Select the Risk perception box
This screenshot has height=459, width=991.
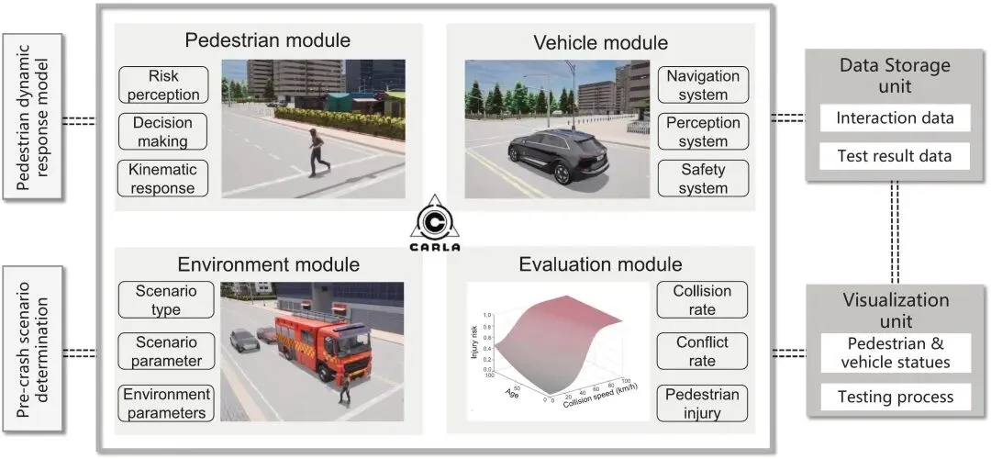click(161, 84)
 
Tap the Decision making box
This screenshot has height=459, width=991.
click(161, 131)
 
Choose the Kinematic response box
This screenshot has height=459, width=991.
click(161, 178)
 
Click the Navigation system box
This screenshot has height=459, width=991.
click(704, 84)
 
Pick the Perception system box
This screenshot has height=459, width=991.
click(704, 131)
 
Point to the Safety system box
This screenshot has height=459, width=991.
click(704, 178)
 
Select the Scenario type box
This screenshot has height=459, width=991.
click(165, 300)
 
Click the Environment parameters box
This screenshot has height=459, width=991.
click(165, 403)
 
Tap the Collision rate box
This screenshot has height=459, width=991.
click(703, 300)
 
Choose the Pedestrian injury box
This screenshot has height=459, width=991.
click(703, 403)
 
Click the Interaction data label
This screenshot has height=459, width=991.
click(895, 118)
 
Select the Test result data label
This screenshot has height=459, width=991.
click(895, 156)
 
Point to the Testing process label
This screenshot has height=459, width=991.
click(895, 397)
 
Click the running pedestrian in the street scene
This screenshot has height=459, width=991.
click(317, 151)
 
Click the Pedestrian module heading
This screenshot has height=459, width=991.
click(268, 40)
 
